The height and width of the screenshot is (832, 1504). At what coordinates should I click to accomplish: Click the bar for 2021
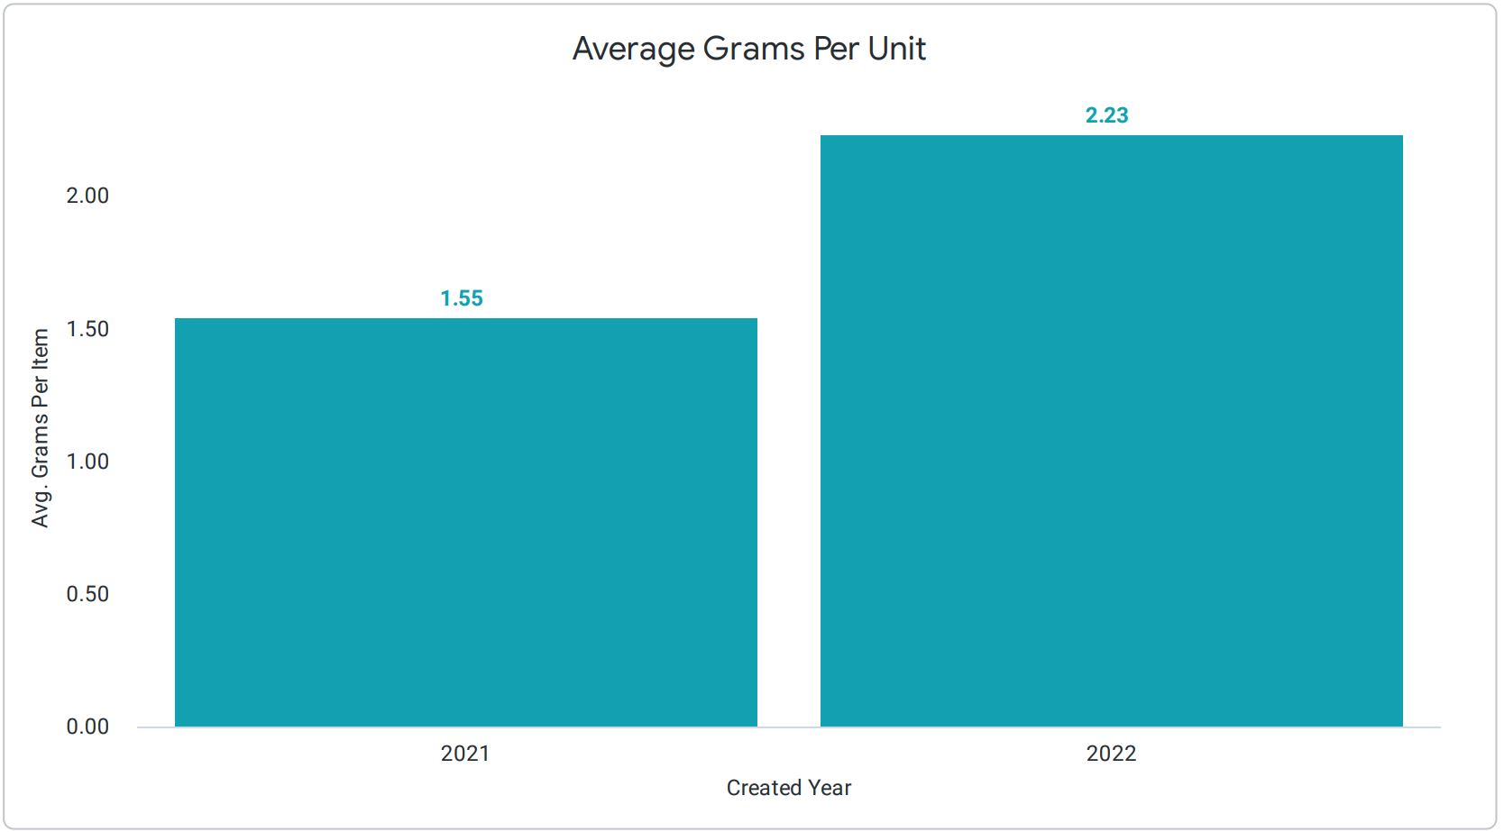pos(465,523)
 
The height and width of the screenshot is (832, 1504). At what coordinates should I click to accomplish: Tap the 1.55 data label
pos(462,298)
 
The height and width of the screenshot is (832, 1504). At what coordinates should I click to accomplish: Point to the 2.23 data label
pos(1106,115)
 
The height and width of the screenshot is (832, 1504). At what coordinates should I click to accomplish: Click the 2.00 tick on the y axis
pos(87,196)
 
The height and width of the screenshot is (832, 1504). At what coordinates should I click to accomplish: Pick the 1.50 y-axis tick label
pos(87,329)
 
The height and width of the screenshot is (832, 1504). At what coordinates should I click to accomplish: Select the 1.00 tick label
pos(87,462)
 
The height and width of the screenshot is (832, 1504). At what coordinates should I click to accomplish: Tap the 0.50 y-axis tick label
pos(87,594)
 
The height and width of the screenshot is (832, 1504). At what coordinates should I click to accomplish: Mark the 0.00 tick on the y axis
pos(87,727)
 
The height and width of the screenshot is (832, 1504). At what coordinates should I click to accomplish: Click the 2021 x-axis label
pos(465,754)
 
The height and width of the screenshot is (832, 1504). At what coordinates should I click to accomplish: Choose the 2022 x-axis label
pos(1111,754)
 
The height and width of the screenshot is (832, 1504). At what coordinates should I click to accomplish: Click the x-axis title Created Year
pos(789,788)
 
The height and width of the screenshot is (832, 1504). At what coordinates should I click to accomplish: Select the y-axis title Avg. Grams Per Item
pos(41,428)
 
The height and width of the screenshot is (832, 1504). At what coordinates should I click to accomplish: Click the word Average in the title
pos(634,50)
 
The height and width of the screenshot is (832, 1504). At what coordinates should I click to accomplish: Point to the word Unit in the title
pos(896,50)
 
